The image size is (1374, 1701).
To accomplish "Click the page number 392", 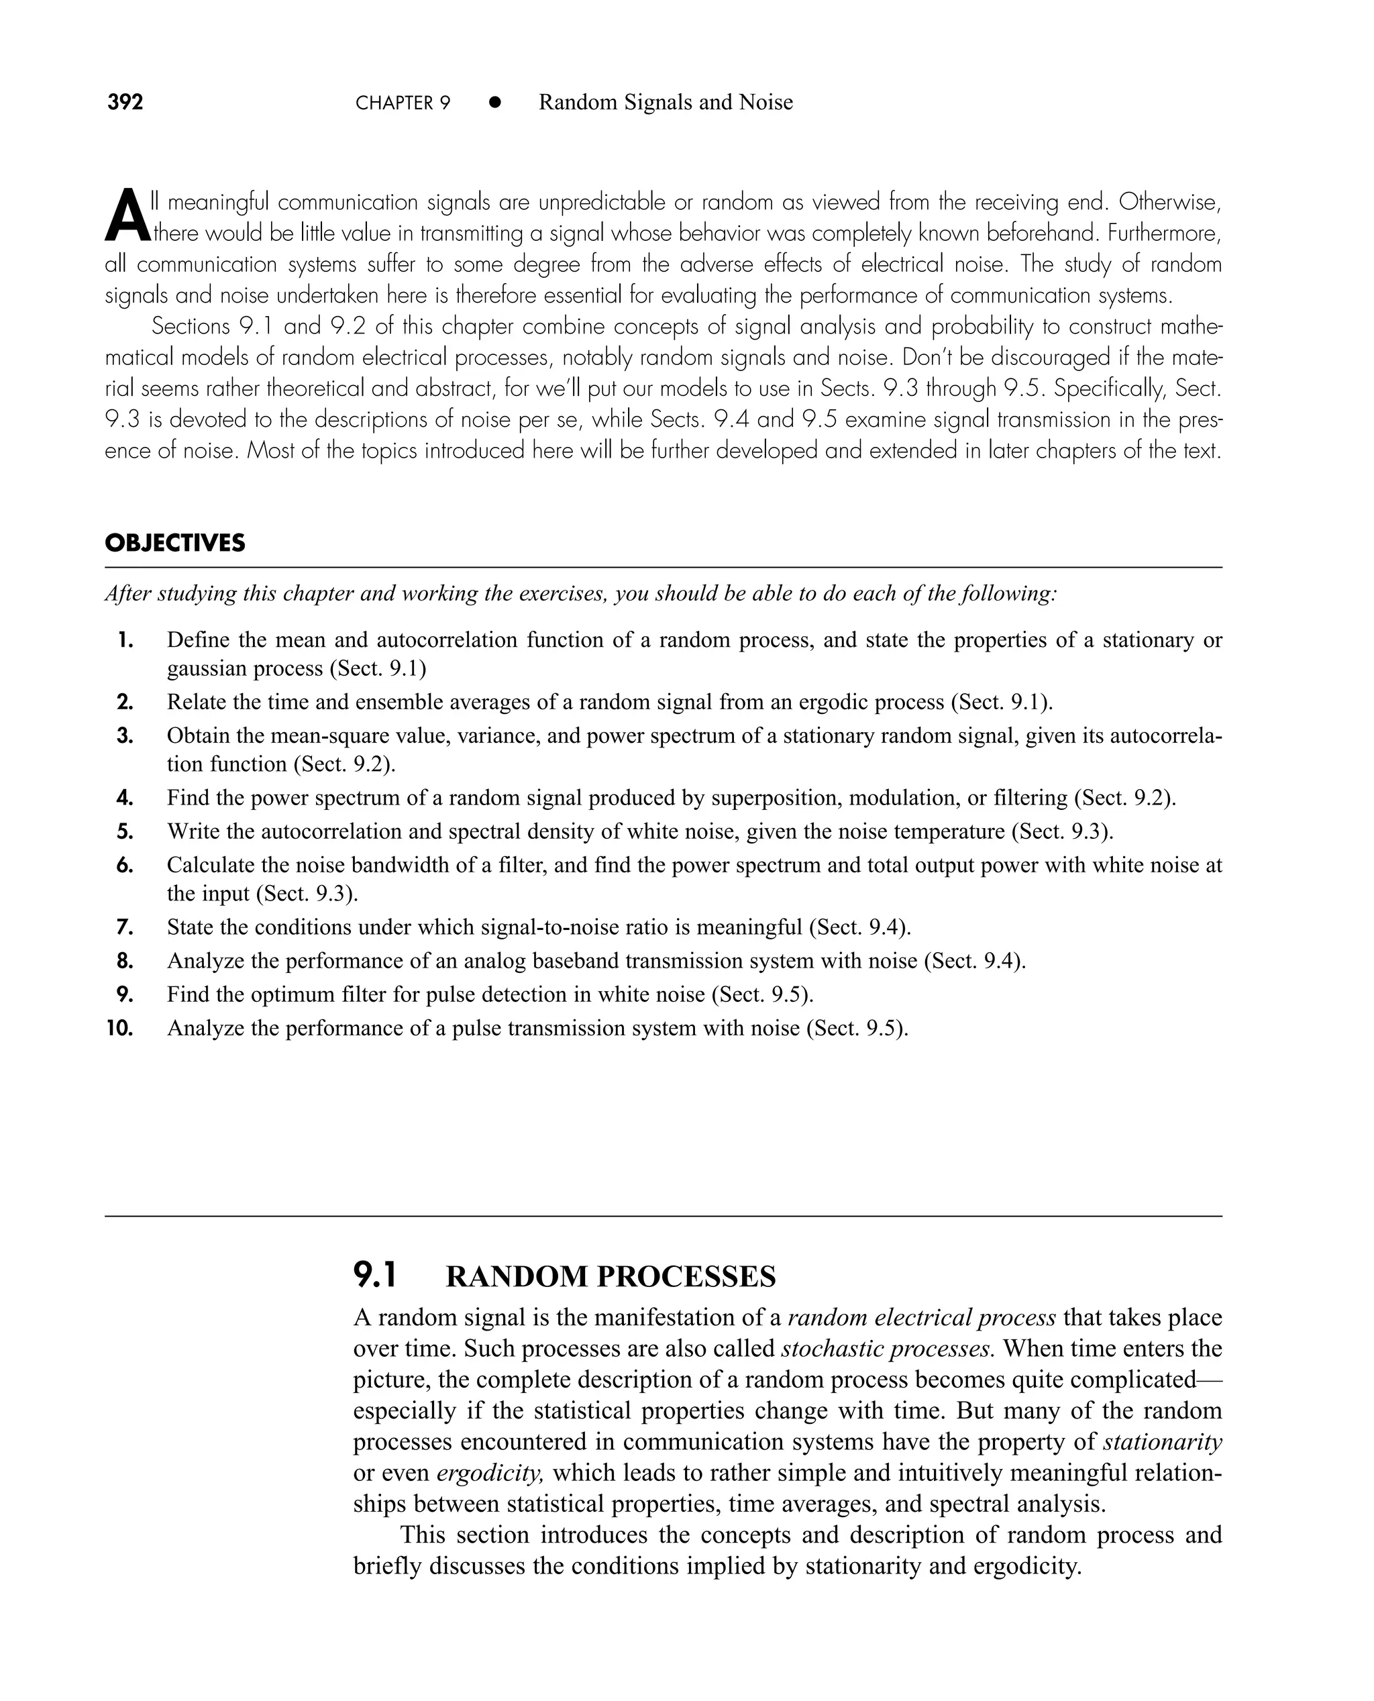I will tap(125, 102).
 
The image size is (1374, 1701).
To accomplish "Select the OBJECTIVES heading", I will tap(175, 544).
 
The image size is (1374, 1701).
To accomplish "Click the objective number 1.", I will tap(124, 640).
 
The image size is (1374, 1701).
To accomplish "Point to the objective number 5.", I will tap(124, 832).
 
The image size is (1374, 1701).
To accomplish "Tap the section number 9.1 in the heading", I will tap(374, 1275).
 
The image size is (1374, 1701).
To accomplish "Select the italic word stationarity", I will tap(1162, 1442).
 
